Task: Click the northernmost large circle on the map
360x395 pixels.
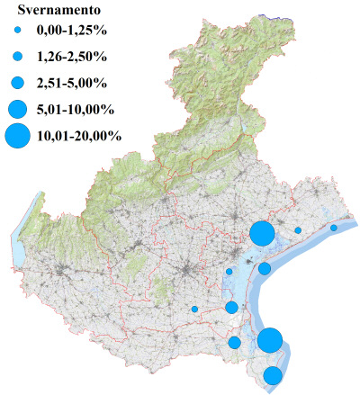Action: pos(262,233)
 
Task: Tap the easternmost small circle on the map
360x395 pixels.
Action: pos(333,228)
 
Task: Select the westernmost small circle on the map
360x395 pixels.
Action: pos(194,310)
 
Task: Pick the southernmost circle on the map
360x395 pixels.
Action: pos(273,375)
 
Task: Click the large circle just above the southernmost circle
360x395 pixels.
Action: pos(270,340)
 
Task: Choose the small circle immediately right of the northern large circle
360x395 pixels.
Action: pos(298,230)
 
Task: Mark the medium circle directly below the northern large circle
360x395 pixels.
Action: pos(265,268)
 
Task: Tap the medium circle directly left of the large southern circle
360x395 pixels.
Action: pos(235,342)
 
